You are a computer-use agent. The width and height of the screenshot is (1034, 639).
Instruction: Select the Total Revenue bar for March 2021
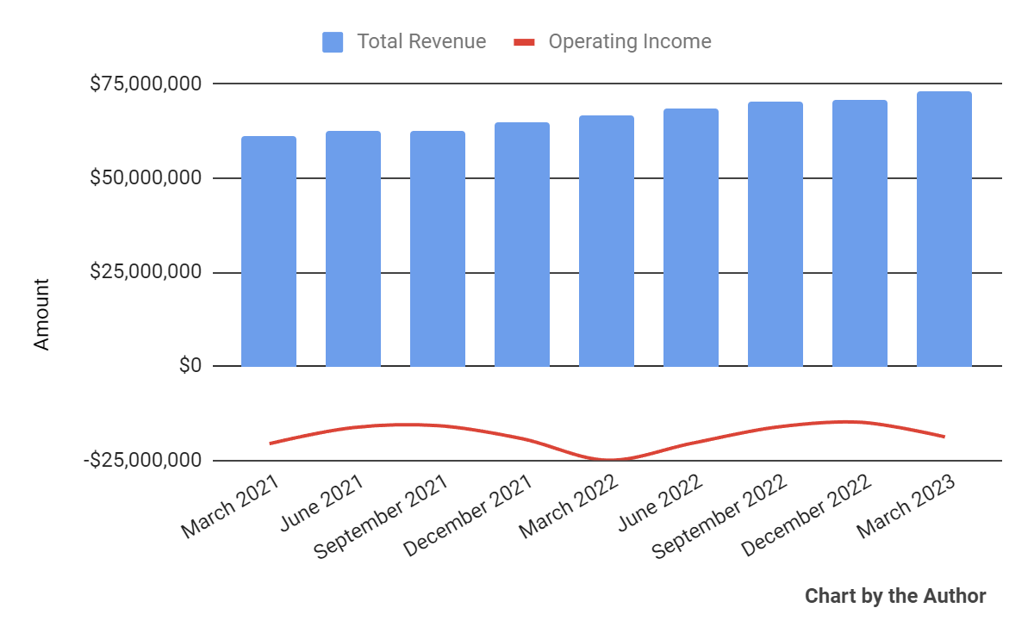[x=269, y=251]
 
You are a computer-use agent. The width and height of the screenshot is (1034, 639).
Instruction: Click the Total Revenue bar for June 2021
[x=353, y=249]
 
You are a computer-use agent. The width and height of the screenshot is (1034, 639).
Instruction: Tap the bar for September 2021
[x=438, y=249]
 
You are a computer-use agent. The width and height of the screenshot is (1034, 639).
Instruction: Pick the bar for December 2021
[x=522, y=245]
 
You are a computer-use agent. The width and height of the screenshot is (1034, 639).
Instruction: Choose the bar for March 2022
[x=607, y=241]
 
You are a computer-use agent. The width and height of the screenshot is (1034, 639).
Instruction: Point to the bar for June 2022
[x=691, y=238]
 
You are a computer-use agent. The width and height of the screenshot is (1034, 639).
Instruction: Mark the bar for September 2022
[x=775, y=234]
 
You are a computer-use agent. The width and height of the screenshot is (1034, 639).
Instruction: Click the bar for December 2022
[x=860, y=233]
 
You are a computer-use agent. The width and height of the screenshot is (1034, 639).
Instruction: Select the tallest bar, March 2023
[x=944, y=229]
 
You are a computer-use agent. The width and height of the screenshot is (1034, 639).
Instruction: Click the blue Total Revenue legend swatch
[x=333, y=41]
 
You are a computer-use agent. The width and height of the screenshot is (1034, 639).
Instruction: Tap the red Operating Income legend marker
[x=524, y=41]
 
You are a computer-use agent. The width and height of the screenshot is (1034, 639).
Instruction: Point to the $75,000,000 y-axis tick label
[x=146, y=84]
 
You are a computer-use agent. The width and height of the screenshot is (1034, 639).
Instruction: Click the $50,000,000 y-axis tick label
[x=146, y=178]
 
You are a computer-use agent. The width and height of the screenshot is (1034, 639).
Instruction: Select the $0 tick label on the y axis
[x=190, y=366]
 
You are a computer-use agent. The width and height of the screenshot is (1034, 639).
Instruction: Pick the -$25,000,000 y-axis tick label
[x=143, y=461]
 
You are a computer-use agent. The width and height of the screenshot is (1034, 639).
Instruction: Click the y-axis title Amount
[x=41, y=313]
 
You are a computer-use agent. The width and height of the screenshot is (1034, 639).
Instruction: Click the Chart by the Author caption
[x=895, y=596]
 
